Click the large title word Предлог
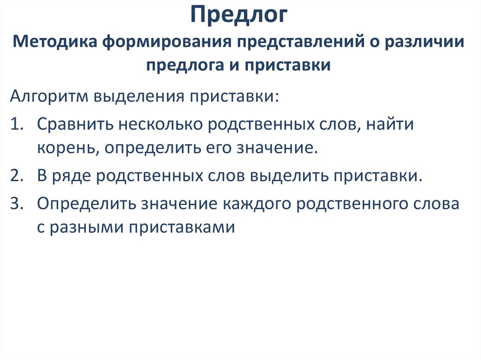[240, 15]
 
